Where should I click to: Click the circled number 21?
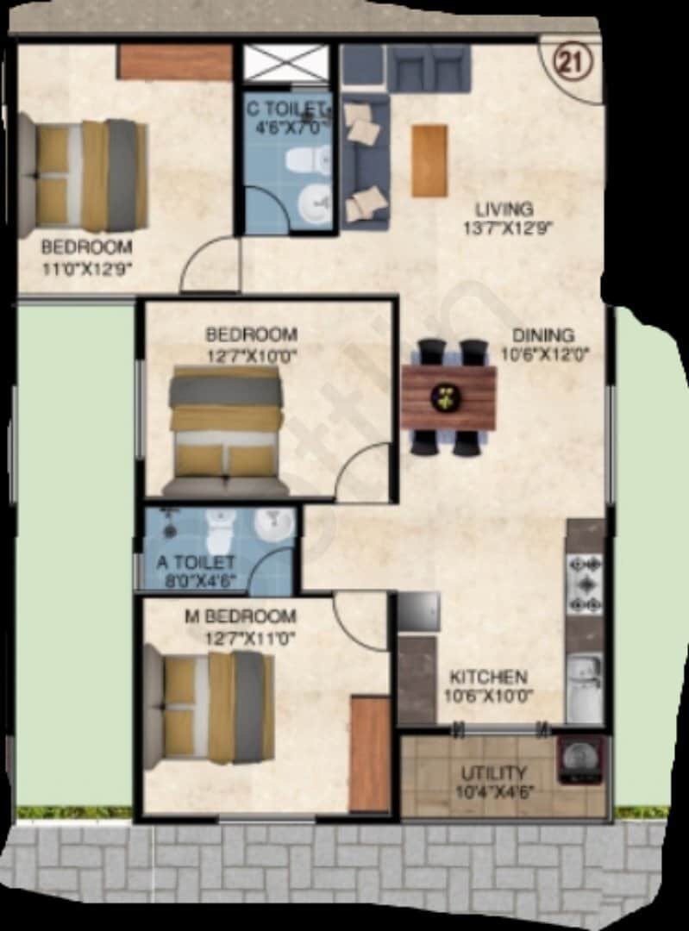[567, 63]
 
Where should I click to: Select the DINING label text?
[542, 334]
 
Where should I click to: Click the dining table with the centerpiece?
[448, 397]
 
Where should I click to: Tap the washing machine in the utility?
[579, 759]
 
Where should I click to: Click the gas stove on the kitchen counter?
[584, 584]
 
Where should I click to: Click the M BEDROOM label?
[241, 616]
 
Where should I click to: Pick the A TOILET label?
[196, 563]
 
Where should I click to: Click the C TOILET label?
[287, 109]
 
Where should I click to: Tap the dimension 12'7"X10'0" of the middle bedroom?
[251, 353]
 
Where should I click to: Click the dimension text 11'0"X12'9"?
[86, 267]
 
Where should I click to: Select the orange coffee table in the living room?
[429, 160]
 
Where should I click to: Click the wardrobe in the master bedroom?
[370, 753]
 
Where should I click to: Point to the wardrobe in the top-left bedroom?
[175, 62]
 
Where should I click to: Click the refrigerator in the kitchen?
[418, 613]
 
